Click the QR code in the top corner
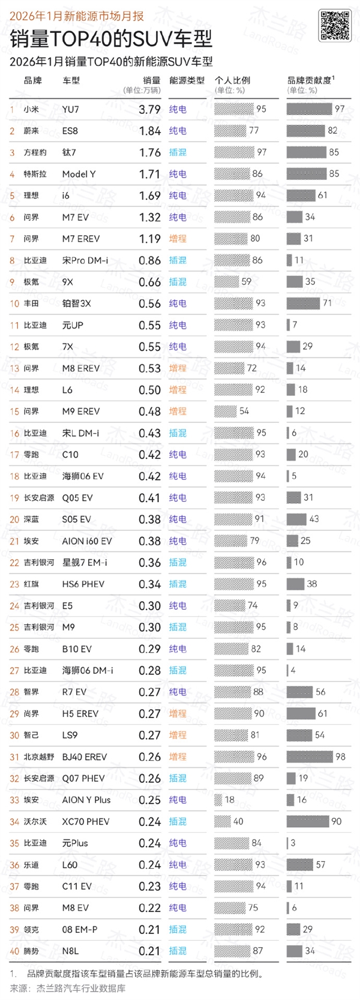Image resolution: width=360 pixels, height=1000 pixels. [x=335, y=26]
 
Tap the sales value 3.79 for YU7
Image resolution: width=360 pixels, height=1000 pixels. [x=149, y=109]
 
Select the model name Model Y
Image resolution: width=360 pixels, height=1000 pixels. [x=79, y=174]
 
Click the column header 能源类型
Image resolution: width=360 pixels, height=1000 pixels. [x=187, y=80]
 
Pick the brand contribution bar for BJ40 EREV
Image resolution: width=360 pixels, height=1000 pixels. [x=310, y=757]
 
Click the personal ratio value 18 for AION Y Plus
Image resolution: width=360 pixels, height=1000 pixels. [x=229, y=800]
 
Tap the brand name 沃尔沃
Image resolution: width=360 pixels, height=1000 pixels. [x=35, y=822]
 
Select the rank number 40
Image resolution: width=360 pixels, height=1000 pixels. [x=14, y=951]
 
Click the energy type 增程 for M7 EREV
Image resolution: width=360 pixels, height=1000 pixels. [x=178, y=239]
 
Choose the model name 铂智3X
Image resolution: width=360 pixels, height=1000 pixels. [x=77, y=304]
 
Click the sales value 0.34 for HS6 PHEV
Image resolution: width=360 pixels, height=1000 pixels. [x=149, y=584]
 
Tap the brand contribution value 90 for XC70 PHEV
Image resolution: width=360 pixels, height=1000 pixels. [x=337, y=822]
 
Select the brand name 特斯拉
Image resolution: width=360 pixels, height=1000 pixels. [x=35, y=174]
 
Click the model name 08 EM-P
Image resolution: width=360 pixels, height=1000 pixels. [x=80, y=930]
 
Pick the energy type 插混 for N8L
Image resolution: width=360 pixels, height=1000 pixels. [x=178, y=951]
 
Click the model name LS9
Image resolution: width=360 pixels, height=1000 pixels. [x=70, y=735]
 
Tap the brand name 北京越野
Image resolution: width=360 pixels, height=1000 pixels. [x=39, y=757]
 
